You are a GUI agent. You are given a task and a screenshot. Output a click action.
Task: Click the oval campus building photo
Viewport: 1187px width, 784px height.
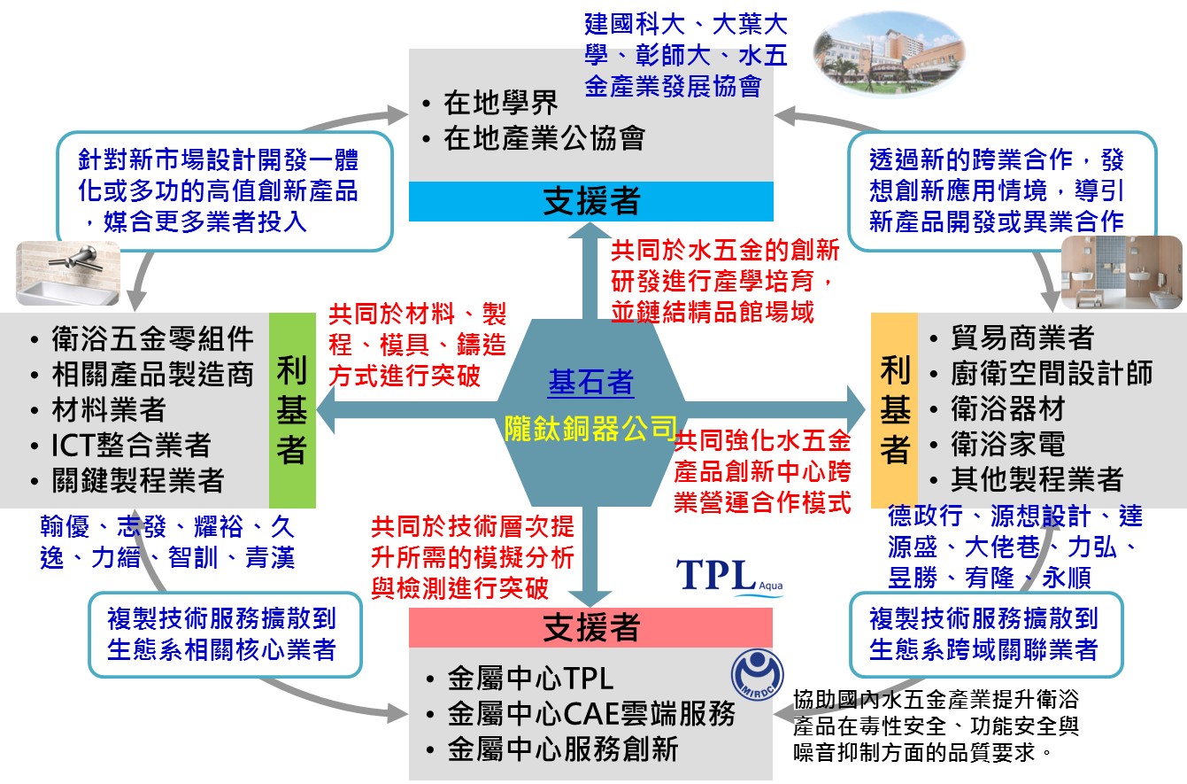click(889, 54)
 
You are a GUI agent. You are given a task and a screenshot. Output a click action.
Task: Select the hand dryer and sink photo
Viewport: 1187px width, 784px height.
click(67, 273)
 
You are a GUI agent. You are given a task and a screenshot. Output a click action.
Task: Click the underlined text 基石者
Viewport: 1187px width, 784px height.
click(590, 383)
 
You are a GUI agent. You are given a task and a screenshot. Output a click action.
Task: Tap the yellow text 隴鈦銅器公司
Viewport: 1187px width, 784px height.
click(590, 428)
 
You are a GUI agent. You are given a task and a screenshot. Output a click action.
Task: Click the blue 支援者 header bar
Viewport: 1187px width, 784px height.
click(590, 202)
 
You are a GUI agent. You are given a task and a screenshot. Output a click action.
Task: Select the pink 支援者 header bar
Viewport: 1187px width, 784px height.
click(590, 628)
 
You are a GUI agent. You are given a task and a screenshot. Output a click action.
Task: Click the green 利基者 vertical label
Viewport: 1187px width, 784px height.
click(291, 410)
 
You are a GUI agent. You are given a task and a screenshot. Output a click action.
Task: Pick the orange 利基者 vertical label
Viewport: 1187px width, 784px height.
click(895, 410)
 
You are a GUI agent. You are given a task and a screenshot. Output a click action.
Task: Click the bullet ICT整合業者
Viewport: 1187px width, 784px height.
click(132, 446)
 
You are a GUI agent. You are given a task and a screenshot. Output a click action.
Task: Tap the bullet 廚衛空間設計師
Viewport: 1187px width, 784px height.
click(1051, 374)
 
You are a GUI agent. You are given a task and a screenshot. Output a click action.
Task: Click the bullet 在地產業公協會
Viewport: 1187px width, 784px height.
click(543, 138)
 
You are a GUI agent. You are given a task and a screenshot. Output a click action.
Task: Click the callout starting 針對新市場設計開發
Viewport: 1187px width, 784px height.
click(224, 190)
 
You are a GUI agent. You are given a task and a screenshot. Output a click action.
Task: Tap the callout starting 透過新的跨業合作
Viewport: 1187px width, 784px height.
click(1001, 190)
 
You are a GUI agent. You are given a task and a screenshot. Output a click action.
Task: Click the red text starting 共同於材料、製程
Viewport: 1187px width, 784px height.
click(417, 345)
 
